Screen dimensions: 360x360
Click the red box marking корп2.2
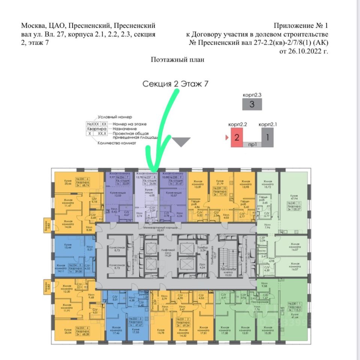click(236, 137)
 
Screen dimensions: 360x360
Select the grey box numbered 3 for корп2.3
click(252, 104)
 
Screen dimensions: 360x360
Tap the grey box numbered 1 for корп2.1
click(267, 137)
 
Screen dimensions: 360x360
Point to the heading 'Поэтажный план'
click(178, 59)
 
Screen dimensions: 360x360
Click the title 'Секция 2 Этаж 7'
click(175, 84)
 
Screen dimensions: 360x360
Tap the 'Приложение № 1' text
click(301, 26)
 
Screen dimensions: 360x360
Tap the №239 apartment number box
click(219, 188)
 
